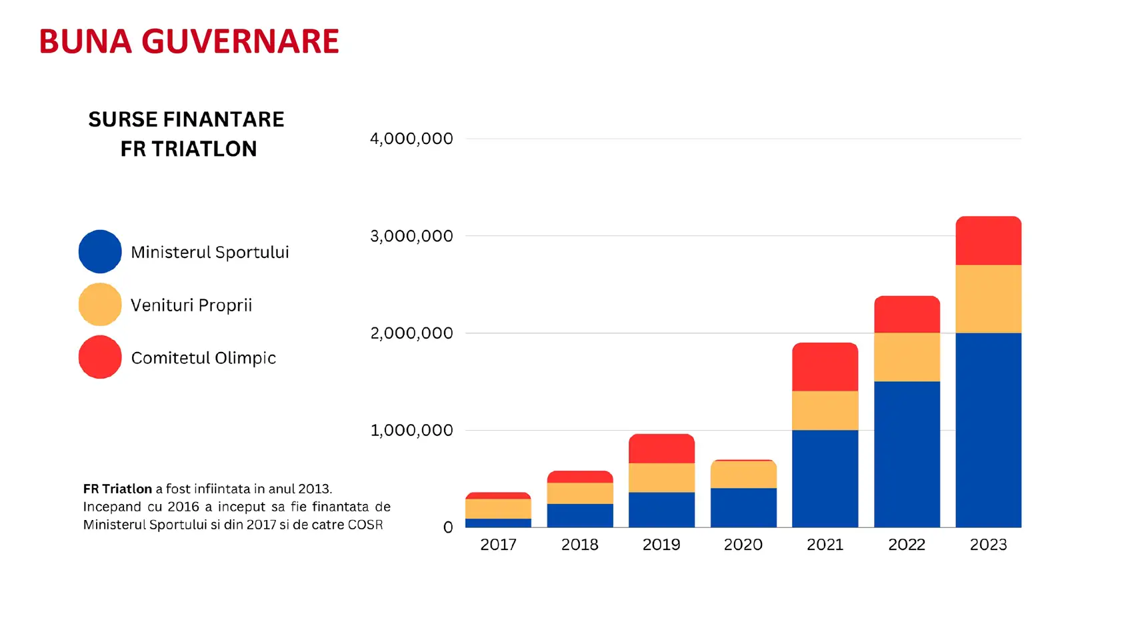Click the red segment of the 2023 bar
pos(988,241)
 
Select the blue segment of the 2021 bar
pos(825,478)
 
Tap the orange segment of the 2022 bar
pos(907,357)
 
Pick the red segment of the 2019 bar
pos(661,449)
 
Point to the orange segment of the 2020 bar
pos(743,475)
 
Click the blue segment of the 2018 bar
pos(580,515)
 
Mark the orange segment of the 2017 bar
pos(498,509)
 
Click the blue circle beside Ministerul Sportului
pos(100,251)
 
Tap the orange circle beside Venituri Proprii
pos(100,305)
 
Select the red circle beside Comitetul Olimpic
pos(100,357)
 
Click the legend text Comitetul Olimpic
pos(203,358)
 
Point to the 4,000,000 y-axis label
pos(411,139)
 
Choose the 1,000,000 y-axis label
pos(411,431)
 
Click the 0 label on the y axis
pos(448,527)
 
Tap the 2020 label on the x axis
pos(743,545)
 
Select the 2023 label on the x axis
pos(988,545)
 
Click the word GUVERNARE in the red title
pos(240,41)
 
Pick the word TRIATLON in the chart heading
pos(204,149)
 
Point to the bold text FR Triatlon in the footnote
pos(117,489)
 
